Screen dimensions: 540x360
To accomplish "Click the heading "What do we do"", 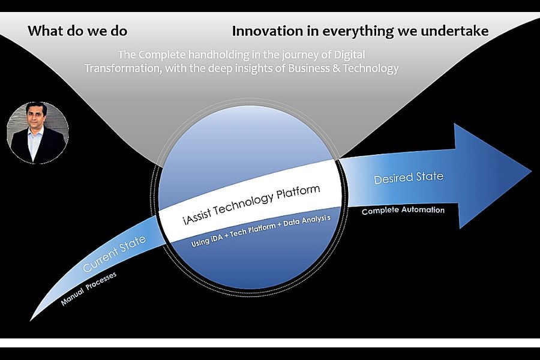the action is (x=77, y=31).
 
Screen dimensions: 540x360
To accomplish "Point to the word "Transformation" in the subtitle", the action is (x=123, y=68).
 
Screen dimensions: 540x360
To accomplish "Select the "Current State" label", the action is (x=115, y=254).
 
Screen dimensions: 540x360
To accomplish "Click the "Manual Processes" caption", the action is (x=89, y=289).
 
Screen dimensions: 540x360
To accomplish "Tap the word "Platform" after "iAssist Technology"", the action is (x=298, y=194).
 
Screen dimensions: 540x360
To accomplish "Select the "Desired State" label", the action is (x=409, y=178).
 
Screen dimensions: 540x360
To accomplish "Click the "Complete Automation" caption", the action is (x=403, y=210).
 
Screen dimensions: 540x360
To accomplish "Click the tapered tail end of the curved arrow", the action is (x=31, y=320).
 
